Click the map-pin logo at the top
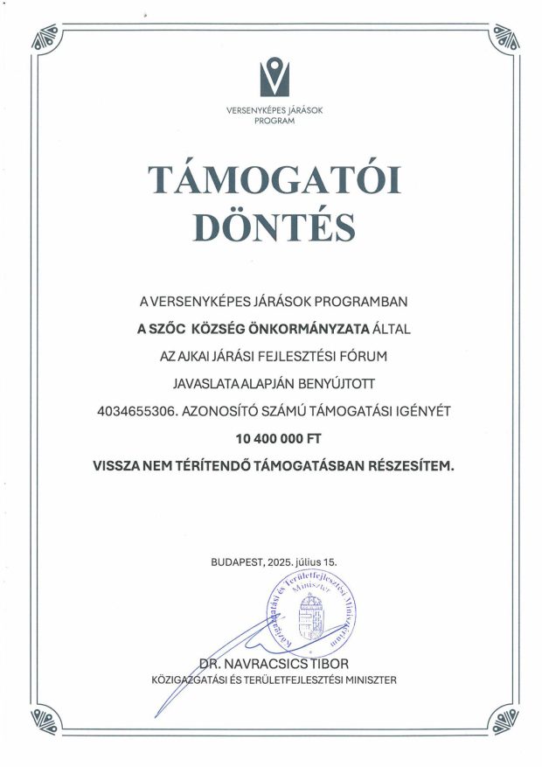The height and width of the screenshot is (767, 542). [277, 76]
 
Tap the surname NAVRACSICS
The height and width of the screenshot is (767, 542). [266, 662]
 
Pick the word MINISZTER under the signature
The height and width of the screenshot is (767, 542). [367, 678]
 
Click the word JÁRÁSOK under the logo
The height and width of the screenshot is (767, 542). [303, 111]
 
